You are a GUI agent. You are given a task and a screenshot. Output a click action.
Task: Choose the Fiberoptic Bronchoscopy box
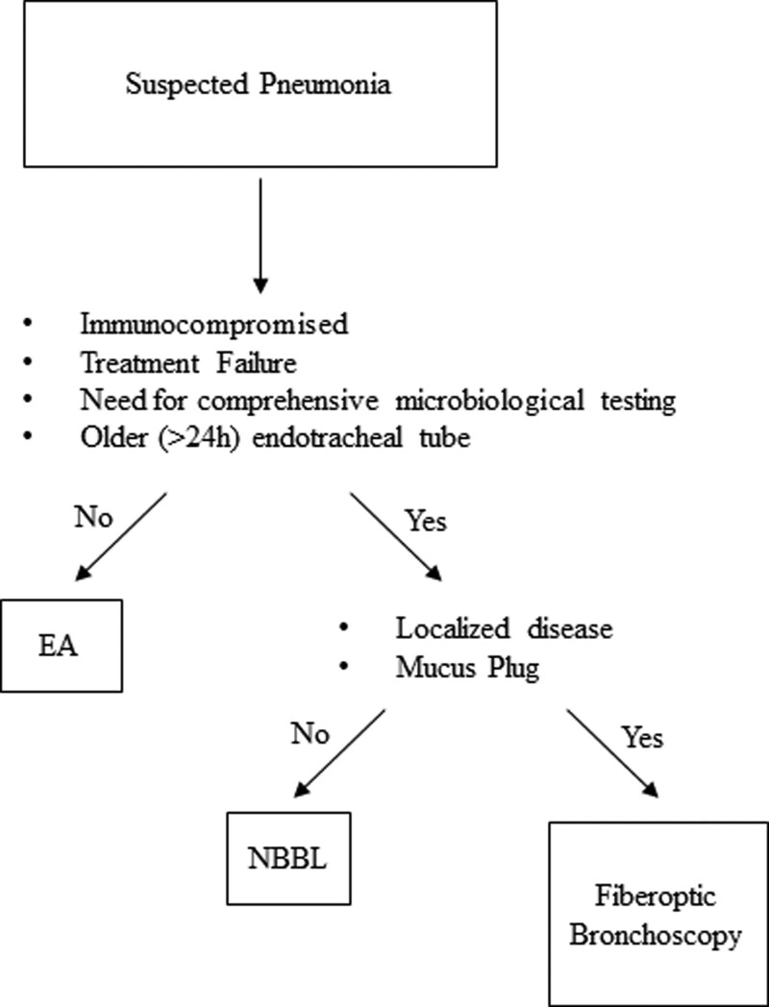coord(656,912)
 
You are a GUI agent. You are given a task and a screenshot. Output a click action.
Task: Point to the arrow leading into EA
coord(123,538)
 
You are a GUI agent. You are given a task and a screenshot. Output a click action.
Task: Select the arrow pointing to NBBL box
coord(340,755)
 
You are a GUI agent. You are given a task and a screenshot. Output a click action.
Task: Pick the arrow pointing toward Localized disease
coord(395,538)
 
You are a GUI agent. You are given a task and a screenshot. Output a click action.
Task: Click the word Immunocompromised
coord(213,324)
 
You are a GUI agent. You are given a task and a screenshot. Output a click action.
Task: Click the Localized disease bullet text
coord(504,630)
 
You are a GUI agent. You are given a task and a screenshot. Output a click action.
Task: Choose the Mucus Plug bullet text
coord(467,667)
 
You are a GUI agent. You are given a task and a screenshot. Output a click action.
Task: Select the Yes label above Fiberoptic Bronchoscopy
coord(643,739)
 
